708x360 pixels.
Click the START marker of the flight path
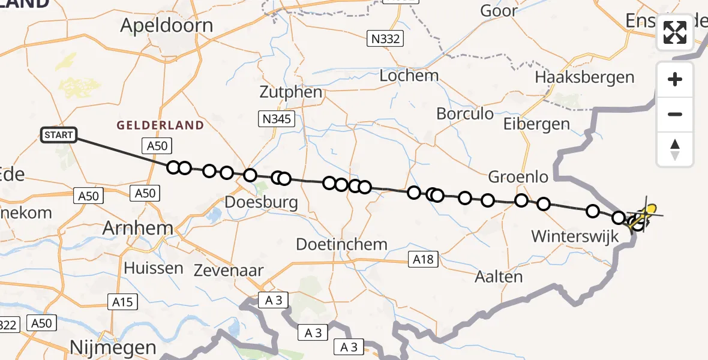coord(59,135)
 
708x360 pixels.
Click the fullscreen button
coord(675,32)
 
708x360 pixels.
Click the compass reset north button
coord(675,149)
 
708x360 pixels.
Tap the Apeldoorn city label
coord(166,25)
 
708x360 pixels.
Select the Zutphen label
coord(291,92)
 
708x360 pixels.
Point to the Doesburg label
coord(261,202)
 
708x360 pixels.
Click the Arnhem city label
coord(138,228)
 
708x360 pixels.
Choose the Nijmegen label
coord(113,347)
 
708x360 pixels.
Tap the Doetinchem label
coord(342,244)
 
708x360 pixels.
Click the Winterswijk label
coord(575,236)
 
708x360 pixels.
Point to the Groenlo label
coord(518,177)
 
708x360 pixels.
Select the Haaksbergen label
coord(584,77)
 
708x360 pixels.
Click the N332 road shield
coord(385,40)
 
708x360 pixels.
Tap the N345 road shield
coord(276,119)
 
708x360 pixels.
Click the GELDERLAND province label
coord(160,125)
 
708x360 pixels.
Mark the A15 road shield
coord(122,302)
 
